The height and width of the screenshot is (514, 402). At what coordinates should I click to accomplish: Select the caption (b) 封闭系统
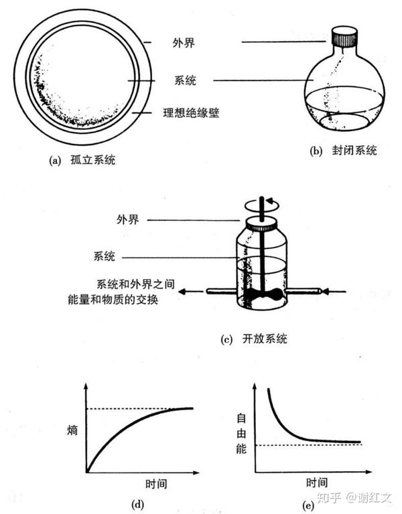(343, 151)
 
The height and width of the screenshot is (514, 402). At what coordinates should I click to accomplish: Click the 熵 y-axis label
(72, 430)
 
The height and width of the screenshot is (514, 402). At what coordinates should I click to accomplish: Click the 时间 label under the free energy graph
(317, 482)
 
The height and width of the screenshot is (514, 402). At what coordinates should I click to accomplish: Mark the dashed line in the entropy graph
(134, 409)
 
